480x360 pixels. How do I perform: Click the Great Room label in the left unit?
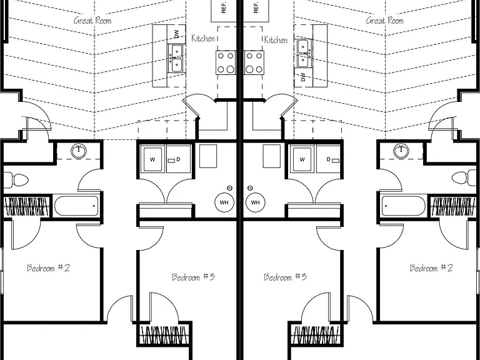92,21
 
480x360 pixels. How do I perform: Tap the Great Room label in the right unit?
385,21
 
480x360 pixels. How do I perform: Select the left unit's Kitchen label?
203,38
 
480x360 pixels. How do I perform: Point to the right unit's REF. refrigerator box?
255,11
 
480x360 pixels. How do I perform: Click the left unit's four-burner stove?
226,62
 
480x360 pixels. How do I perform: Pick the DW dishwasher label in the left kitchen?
177,34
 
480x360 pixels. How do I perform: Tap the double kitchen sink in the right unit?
303,53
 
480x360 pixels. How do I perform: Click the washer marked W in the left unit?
152,159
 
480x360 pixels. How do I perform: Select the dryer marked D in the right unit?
328,159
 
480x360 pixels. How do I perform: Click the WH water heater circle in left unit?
224,202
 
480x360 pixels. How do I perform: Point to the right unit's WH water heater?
255,202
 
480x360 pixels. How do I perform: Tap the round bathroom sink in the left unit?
79,151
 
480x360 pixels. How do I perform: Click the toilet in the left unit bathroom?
16,180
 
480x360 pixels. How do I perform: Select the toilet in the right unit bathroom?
464,178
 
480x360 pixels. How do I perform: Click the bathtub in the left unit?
76,206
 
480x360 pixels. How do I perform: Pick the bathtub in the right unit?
404,206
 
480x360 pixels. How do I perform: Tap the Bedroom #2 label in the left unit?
48,268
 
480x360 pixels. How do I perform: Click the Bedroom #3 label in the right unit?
285,277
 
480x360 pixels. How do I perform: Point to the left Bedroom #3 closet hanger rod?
164,335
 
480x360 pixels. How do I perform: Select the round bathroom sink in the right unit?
401,151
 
